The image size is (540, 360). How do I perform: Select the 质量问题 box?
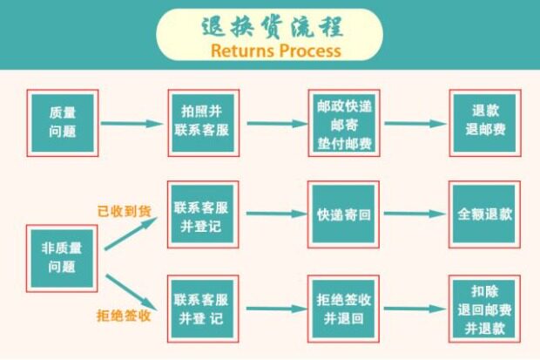click(x=62, y=122)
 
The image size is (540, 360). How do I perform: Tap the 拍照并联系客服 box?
click(x=203, y=122)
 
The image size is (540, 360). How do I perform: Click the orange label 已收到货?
click(x=124, y=210)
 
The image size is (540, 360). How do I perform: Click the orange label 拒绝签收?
click(x=124, y=315)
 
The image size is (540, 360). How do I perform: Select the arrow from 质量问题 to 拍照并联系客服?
click(x=132, y=123)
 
